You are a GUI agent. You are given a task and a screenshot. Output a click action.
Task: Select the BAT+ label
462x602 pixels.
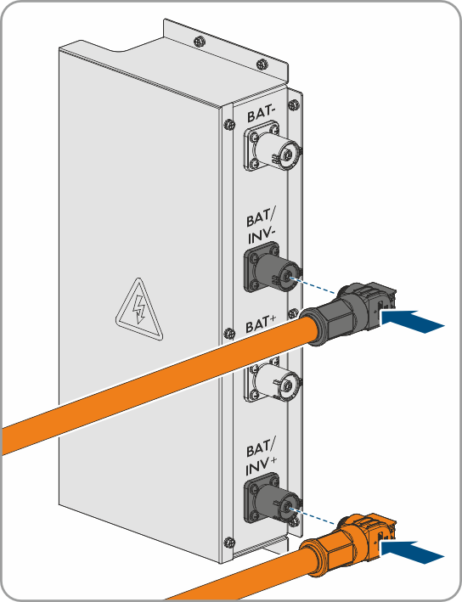tap(261, 326)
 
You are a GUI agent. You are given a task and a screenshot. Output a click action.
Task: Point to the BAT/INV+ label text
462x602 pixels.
tap(261, 459)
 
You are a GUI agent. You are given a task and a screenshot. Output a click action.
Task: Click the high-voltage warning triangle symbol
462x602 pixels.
tap(139, 309)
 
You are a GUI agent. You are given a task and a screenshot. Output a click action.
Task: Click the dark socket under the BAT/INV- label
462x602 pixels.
tap(273, 267)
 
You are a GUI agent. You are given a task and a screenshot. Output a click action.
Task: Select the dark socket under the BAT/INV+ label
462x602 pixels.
tap(273, 498)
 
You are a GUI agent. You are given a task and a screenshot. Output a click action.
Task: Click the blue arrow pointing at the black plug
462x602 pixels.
tap(412, 321)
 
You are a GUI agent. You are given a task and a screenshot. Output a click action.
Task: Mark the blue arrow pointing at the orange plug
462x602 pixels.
tap(412, 552)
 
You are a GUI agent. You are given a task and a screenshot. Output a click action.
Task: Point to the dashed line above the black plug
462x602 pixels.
tap(313, 286)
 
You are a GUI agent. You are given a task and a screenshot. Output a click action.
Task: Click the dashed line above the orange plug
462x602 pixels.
tap(313, 516)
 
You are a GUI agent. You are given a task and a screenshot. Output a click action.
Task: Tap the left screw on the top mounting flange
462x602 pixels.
tap(200, 40)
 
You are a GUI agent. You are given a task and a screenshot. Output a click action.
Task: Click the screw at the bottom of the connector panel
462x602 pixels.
tap(229, 543)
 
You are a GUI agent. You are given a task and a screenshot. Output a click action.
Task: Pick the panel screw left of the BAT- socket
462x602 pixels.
tap(229, 124)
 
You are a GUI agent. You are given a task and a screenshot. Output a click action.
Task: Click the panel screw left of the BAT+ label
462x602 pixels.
tap(229, 333)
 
